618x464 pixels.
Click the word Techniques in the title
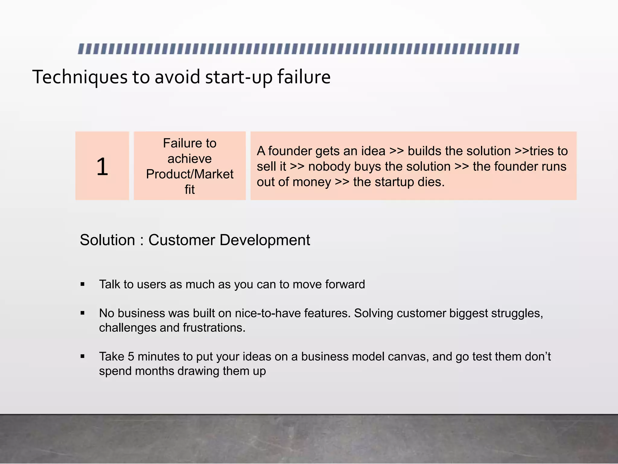click(x=80, y=77)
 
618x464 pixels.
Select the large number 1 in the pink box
click(x=102, y=166)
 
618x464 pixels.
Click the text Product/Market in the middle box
click(x=190, y=174)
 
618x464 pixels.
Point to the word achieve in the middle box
click(x=190, y=159)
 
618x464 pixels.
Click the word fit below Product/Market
click(x=190, y=190)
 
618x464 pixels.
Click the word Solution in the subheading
click(x=107, y=240)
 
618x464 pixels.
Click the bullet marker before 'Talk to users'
click(x=83, y=284)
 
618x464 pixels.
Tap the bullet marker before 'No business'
click(x=83, y=313)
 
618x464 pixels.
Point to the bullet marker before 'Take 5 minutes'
click(x=83, y=357)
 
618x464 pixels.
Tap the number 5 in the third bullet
click(x=131, y=357)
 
